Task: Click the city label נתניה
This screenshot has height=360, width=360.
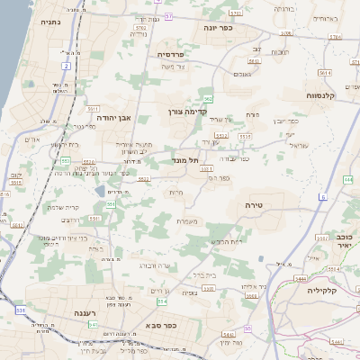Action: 52,20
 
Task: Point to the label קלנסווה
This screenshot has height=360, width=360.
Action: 320,94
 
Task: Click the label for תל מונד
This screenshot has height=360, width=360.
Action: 184,159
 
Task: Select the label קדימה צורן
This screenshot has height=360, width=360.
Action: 187,112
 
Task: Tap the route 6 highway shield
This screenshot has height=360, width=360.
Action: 322,196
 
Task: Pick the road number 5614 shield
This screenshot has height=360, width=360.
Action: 325,73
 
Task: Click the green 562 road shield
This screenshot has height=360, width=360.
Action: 209,99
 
